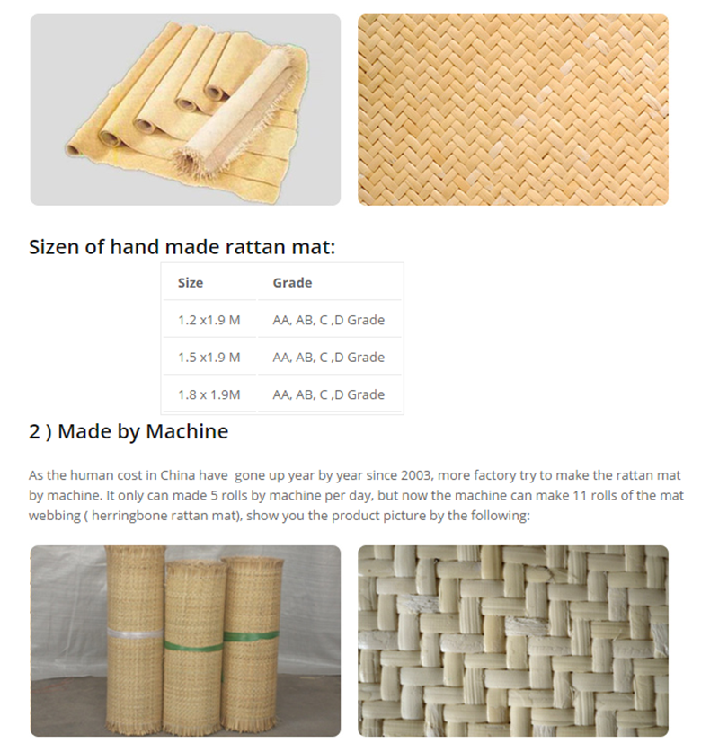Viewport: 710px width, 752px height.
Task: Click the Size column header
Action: (x=191, y=282)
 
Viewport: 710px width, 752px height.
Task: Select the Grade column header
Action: (x=292, y=282)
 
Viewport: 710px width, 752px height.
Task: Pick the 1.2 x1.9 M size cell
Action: (x=209, y=320)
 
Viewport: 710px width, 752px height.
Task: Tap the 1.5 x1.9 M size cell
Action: (x=209, y=357)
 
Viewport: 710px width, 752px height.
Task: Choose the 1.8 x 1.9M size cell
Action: (x=209, y=394)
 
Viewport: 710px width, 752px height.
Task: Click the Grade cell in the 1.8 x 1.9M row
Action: (x=328, y=394)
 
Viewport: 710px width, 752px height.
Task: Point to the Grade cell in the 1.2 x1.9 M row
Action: (x=328, y=320)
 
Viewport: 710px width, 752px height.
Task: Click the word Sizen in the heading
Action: (x=54, y=247)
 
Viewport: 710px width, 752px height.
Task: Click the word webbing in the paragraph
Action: (x=53, y=516)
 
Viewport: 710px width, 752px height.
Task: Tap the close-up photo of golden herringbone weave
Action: (x=512, y=110)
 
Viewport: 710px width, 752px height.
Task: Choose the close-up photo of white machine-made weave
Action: (x=512, y=641)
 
